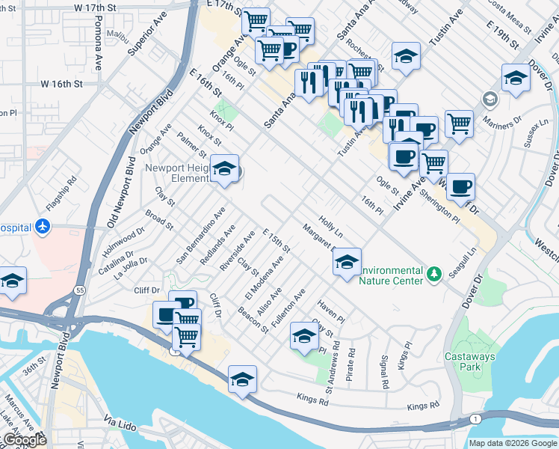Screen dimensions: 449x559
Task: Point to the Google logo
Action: (24, 440)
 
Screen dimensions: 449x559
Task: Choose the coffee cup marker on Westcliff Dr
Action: (460, 187)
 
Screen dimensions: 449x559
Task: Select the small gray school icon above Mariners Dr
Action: (489, 99)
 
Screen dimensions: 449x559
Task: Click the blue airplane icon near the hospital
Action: (42, 225)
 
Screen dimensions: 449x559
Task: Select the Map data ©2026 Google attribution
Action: (513, 443)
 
